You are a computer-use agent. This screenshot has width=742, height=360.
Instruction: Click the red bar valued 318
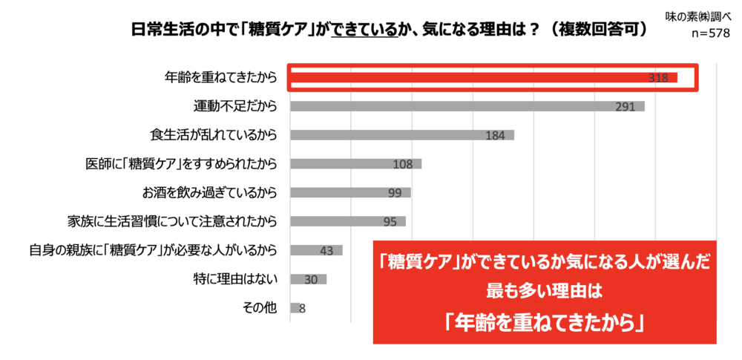coord(482,77)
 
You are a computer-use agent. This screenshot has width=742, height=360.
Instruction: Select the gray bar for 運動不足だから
coord(467,106)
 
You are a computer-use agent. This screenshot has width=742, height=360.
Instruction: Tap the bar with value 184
coord(401,135)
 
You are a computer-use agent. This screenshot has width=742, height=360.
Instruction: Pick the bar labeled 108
coord(355,163)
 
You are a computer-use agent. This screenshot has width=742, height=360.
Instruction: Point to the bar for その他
coord(295,307)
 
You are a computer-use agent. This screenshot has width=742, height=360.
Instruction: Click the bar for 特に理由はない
coord(308,279)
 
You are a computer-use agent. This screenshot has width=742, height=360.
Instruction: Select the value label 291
coord(625,107)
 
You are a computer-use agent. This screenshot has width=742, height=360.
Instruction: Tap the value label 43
coord(326,251)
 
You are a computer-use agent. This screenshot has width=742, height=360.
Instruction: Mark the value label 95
coord(389,222)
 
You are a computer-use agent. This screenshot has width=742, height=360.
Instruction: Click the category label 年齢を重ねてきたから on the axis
coord(220,77)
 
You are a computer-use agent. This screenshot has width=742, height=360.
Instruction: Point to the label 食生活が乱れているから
coord(213,135)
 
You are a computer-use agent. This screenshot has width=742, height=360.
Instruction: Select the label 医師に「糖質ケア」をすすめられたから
coord(181,163)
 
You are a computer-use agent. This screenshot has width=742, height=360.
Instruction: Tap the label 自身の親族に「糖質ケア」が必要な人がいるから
coord(149,250)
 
